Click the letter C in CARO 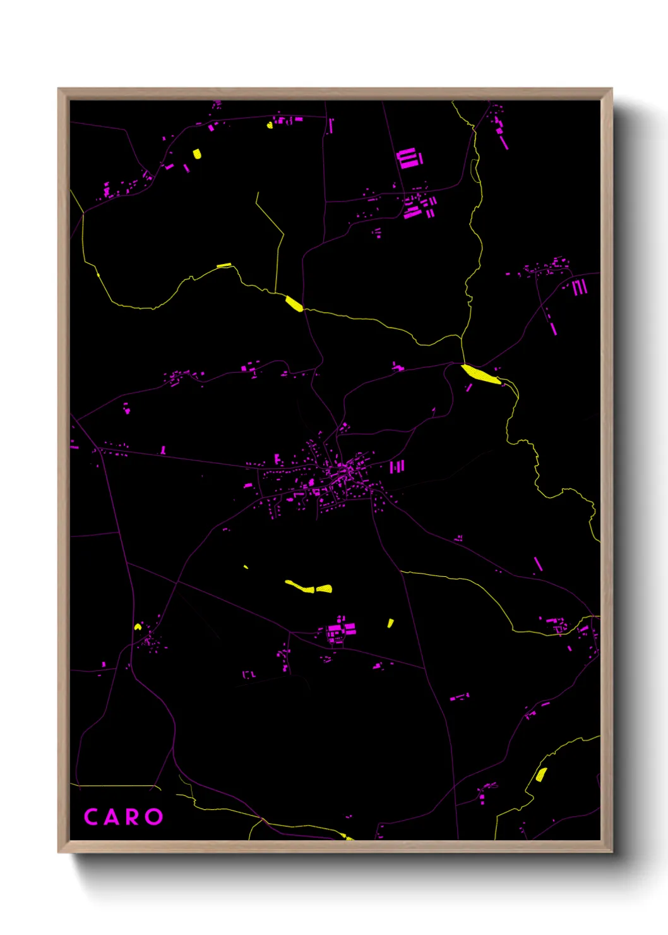tap(91, 817)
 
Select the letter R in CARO tap(132, 817)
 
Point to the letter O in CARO tap(154, 817)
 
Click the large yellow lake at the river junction tap(481, 373)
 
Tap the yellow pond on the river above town tap(294, 303)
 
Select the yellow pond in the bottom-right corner tap(540, 775)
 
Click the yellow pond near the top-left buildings tap(197, 154)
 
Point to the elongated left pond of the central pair tap(299, 586)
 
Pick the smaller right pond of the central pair tap(325, 589)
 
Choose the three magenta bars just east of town tap(397, 467)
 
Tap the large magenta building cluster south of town tap(341, 630)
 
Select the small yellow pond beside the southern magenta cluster tap(390, 623)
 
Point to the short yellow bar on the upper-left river tap(224, 265)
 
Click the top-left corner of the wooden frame tap(59, 90)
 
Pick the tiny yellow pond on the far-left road tap(138, 627)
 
